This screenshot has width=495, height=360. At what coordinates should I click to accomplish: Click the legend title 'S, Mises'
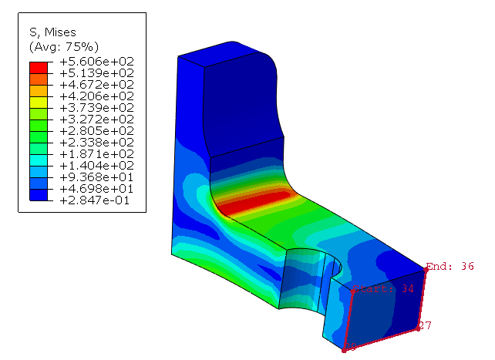(51, 32)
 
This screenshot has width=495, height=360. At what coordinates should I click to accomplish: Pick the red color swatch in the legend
(39, 67)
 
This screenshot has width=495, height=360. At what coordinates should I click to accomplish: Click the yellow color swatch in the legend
(39, 102)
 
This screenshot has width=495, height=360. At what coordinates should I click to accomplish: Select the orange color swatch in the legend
(39, 79)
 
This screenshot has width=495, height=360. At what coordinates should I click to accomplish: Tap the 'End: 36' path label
(451, 267)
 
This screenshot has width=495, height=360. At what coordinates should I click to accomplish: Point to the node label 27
(425, 325)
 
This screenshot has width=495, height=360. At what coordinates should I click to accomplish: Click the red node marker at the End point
(426, 268)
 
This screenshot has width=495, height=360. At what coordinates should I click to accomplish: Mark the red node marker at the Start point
(353, 291)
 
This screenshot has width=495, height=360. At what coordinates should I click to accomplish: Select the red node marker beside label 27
(417, 328)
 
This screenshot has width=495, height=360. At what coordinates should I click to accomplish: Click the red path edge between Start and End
(389, 280)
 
